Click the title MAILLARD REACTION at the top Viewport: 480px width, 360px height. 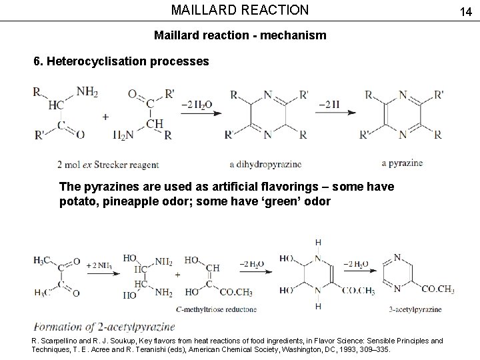240,10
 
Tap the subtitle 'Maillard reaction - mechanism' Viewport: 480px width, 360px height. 240,35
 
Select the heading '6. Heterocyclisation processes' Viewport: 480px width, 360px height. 121,62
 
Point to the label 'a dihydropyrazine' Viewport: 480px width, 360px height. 265,164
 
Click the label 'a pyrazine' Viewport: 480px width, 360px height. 402,163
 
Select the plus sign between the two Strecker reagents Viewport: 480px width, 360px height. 105,116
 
